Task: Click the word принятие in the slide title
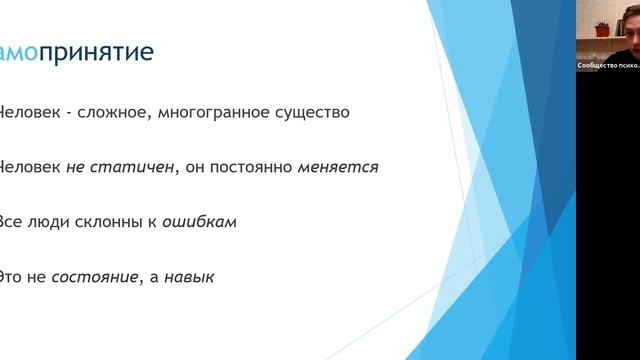pyautogui.click(x=103, y=51)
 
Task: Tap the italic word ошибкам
pyautogui.click(x=205, y=221)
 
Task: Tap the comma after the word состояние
pyautogui.click(x=140, y=280)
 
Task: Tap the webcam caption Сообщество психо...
pyautogui.click(x=606, y=65)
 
